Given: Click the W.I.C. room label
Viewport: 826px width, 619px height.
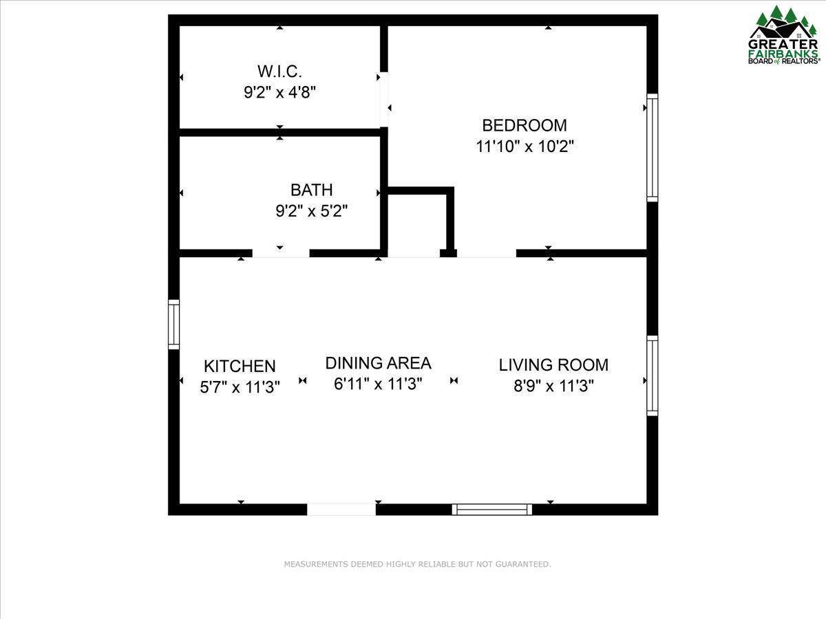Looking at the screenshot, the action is [279, 71].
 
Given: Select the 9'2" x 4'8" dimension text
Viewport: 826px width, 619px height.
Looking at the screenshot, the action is [279, 92].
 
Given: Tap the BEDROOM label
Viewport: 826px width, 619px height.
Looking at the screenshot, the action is [525, 126].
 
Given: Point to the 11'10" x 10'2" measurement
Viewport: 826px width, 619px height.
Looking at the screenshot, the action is [525, 146].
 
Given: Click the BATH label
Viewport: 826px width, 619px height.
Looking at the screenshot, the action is [312, 191].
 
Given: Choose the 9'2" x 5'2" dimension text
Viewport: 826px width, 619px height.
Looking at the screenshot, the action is [312, 211].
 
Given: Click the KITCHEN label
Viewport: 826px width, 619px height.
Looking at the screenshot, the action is [240, 366].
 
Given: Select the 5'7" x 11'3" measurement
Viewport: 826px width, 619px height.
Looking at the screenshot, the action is [240, 387].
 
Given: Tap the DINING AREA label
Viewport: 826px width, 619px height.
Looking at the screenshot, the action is [378, 363].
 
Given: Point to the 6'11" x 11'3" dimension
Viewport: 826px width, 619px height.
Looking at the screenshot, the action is [378, 384].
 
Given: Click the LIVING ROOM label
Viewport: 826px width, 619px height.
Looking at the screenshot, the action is [553, 365].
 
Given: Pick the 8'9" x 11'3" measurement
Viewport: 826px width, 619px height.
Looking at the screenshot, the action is [553, 386].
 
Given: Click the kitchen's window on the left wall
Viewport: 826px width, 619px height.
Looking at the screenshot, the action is [173, 325].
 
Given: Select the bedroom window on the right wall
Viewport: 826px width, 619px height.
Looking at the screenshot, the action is [653, 148].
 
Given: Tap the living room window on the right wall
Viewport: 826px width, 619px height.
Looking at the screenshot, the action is [653, 376].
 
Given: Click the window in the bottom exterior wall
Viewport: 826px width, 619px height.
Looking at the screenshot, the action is [492, 510].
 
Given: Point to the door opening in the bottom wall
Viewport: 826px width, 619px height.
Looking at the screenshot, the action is [341, 510].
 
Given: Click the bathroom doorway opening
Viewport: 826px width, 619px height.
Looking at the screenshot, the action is [281, 253].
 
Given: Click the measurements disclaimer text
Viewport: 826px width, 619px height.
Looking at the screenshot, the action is [417, 564].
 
